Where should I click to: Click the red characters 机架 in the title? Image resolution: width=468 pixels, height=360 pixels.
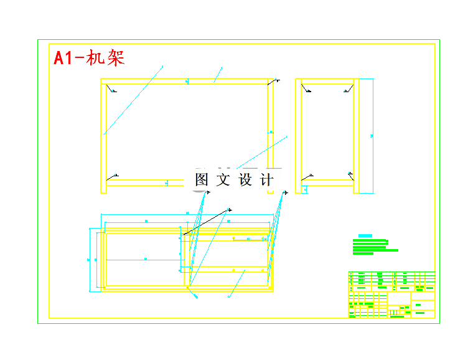[107, 58]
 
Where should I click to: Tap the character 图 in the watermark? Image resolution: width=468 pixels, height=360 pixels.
[202, 180]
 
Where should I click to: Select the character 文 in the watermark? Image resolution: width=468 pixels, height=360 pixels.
[223, 180]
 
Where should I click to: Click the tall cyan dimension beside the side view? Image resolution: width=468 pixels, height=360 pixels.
[372, 135]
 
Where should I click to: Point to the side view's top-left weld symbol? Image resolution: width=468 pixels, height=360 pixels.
[307, 90]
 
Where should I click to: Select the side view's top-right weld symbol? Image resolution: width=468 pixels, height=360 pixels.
[347, 90]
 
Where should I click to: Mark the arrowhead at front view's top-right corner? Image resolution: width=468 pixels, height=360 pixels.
[277, 80]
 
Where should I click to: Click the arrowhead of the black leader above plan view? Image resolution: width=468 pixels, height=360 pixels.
[230, 210]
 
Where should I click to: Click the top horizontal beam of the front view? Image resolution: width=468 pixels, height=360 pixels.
[187, 81]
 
